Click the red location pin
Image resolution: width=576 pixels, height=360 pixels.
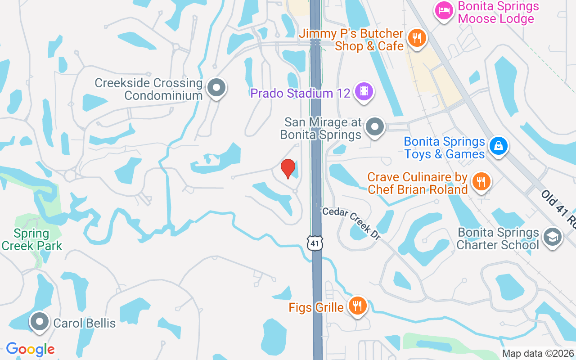[x=288, y=169]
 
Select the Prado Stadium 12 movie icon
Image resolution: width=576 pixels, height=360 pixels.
[x=364, y=91]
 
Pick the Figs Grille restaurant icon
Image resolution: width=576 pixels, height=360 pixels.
[x=358, y=306]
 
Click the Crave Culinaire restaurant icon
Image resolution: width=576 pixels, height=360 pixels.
[x=481, y=182]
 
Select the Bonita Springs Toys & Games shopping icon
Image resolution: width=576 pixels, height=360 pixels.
[x=498, y=146]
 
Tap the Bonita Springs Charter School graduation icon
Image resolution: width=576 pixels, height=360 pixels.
[x=552, y=237]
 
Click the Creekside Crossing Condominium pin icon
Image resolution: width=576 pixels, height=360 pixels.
[x=216, y=88]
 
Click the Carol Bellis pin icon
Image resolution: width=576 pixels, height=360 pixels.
[x=40, y=322]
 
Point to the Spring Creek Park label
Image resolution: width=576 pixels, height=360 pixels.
[x=31, y=239]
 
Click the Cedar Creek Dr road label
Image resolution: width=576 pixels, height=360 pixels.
[x=351, y=222]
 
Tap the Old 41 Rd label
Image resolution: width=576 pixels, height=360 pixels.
[x=558, y=207]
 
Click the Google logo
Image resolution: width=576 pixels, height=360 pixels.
[x=30, y=349]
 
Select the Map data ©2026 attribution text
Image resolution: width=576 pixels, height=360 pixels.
[x=538, y=354]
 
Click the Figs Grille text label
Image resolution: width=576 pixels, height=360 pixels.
[x=316, y=308]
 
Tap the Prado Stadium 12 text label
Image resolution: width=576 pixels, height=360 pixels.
[x=300, y=93]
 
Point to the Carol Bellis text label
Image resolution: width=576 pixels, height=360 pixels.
[x=85, y=323]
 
